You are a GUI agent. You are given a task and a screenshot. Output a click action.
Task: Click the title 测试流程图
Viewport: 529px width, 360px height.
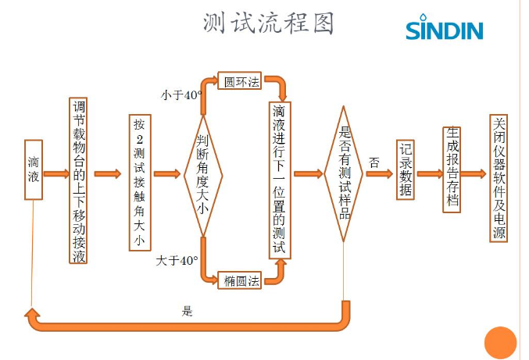(267, 23)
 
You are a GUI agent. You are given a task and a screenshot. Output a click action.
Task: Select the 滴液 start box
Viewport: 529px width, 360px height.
(33, 169)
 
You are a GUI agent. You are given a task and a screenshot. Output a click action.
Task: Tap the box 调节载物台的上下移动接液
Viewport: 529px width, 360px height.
(78, 180)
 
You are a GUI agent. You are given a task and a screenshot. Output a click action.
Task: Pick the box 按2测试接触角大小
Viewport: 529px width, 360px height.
(139, 183)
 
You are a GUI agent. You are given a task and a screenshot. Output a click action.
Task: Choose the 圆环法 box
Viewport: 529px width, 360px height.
(241, 81)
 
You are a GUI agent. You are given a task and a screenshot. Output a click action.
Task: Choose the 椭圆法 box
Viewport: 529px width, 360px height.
(241, 280)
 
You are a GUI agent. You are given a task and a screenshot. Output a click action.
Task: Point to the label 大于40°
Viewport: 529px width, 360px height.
(177, 259)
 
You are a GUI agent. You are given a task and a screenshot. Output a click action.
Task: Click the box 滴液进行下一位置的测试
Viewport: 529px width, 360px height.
(279, 180)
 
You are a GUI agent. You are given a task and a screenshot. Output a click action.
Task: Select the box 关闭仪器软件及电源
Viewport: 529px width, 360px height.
(499, 178)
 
